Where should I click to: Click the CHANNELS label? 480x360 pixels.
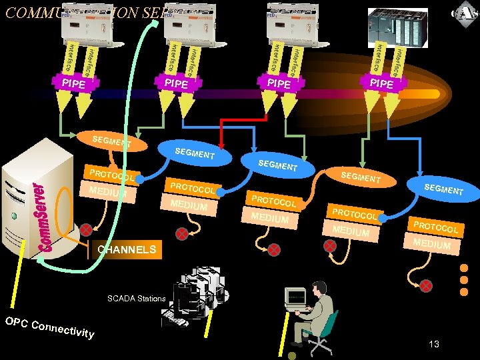(127, 251)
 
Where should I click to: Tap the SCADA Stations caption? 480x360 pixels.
(136, 298)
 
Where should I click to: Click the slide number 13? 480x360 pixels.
(434, 344)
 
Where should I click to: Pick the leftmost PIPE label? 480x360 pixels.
(73, 84)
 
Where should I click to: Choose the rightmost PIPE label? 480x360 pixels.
(381, 84)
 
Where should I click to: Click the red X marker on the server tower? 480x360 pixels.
(86, 231)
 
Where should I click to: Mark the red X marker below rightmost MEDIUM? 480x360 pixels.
(425, 285)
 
